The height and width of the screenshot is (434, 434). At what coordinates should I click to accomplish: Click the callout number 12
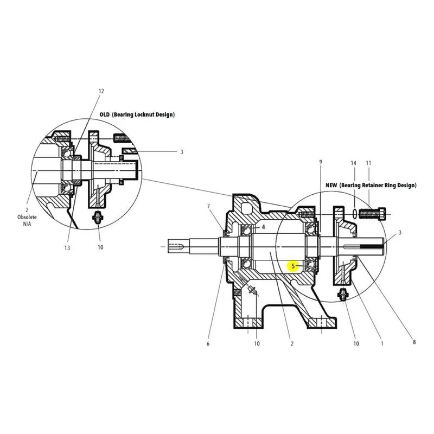coord(101,91)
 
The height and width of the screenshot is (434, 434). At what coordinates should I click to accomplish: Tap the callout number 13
coord(67,248)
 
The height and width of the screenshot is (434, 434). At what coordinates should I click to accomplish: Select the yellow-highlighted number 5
coord(293,266)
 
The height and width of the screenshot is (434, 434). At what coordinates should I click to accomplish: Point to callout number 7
coord(208,206)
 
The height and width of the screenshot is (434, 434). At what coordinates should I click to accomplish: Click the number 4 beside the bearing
coord(263,227)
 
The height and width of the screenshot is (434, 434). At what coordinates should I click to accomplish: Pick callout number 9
coord(321,162)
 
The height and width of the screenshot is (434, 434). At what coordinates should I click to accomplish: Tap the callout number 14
coord(354,163)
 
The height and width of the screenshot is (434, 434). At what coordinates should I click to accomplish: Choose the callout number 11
coord(368,163)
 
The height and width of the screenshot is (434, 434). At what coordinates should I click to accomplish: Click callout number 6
coord(208,344)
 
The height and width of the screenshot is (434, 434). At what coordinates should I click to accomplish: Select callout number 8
coord(414,342)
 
